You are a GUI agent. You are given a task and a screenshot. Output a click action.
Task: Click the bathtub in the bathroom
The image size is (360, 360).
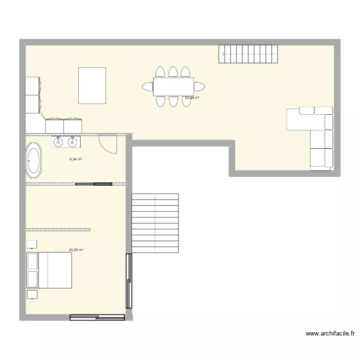[x=34, y=160]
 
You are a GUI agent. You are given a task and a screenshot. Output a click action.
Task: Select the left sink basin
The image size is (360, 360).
[x=59, y=141]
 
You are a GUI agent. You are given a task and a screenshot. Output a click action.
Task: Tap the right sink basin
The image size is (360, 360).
[x=72, y=141]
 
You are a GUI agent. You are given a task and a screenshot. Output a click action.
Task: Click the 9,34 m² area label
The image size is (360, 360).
[x=75, y=159]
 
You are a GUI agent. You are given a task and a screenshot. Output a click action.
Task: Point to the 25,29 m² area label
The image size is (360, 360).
[x=76, y=250]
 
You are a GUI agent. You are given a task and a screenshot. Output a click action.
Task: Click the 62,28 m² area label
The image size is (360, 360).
[x=192, y=98]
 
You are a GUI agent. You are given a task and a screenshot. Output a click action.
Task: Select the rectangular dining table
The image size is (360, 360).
[x=173, y=86]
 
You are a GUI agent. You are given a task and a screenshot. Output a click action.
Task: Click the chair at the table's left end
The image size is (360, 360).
[x=147, y=86]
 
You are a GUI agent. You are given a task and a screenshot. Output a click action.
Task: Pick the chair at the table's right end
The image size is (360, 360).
[x=200, y=86]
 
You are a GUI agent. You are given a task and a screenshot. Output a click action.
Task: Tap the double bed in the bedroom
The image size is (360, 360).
[x=49, y=270]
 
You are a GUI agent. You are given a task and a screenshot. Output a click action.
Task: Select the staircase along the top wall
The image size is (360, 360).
[x=248, y=54]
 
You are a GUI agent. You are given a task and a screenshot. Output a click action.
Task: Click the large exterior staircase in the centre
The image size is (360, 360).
[x=155, y=223]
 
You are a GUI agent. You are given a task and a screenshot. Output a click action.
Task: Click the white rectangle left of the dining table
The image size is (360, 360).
[x=92, y=85]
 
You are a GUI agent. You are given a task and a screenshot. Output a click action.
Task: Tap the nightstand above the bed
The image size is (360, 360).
[x=32, y=244]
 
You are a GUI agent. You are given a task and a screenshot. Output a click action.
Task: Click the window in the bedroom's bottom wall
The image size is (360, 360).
[x=97, y=317]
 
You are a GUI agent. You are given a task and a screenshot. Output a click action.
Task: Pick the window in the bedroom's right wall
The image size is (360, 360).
[x=128, y=281]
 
